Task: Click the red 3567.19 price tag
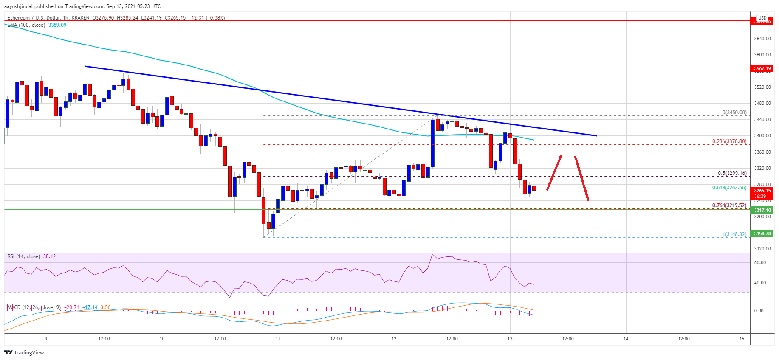[x=762, y=68]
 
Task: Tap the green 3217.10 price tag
[x=762, y=210]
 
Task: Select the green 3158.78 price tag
[x=762, y=233]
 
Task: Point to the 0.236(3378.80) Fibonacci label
[x=729, y=141]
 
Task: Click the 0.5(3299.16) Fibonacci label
[x=732, y=173]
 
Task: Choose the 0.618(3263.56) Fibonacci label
[x=729, y=188]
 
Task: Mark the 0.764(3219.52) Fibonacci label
[x=729, y=205]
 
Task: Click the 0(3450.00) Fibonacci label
[x=734, y=112]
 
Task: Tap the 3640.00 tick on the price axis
[x=762, y=39]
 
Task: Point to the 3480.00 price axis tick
[x=762, y=103]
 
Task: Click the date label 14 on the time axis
[x=626, y=339]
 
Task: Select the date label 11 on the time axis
[x=278, y=339]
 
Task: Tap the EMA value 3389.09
[x=57, y=25]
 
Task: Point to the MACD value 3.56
[x=105, y=307]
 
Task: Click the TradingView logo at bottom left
[x=24, y=352]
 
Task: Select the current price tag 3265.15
[x=762, y=191]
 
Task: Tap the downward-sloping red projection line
[x=581, y=178]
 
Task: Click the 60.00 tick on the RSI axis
[x=759, y=262]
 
